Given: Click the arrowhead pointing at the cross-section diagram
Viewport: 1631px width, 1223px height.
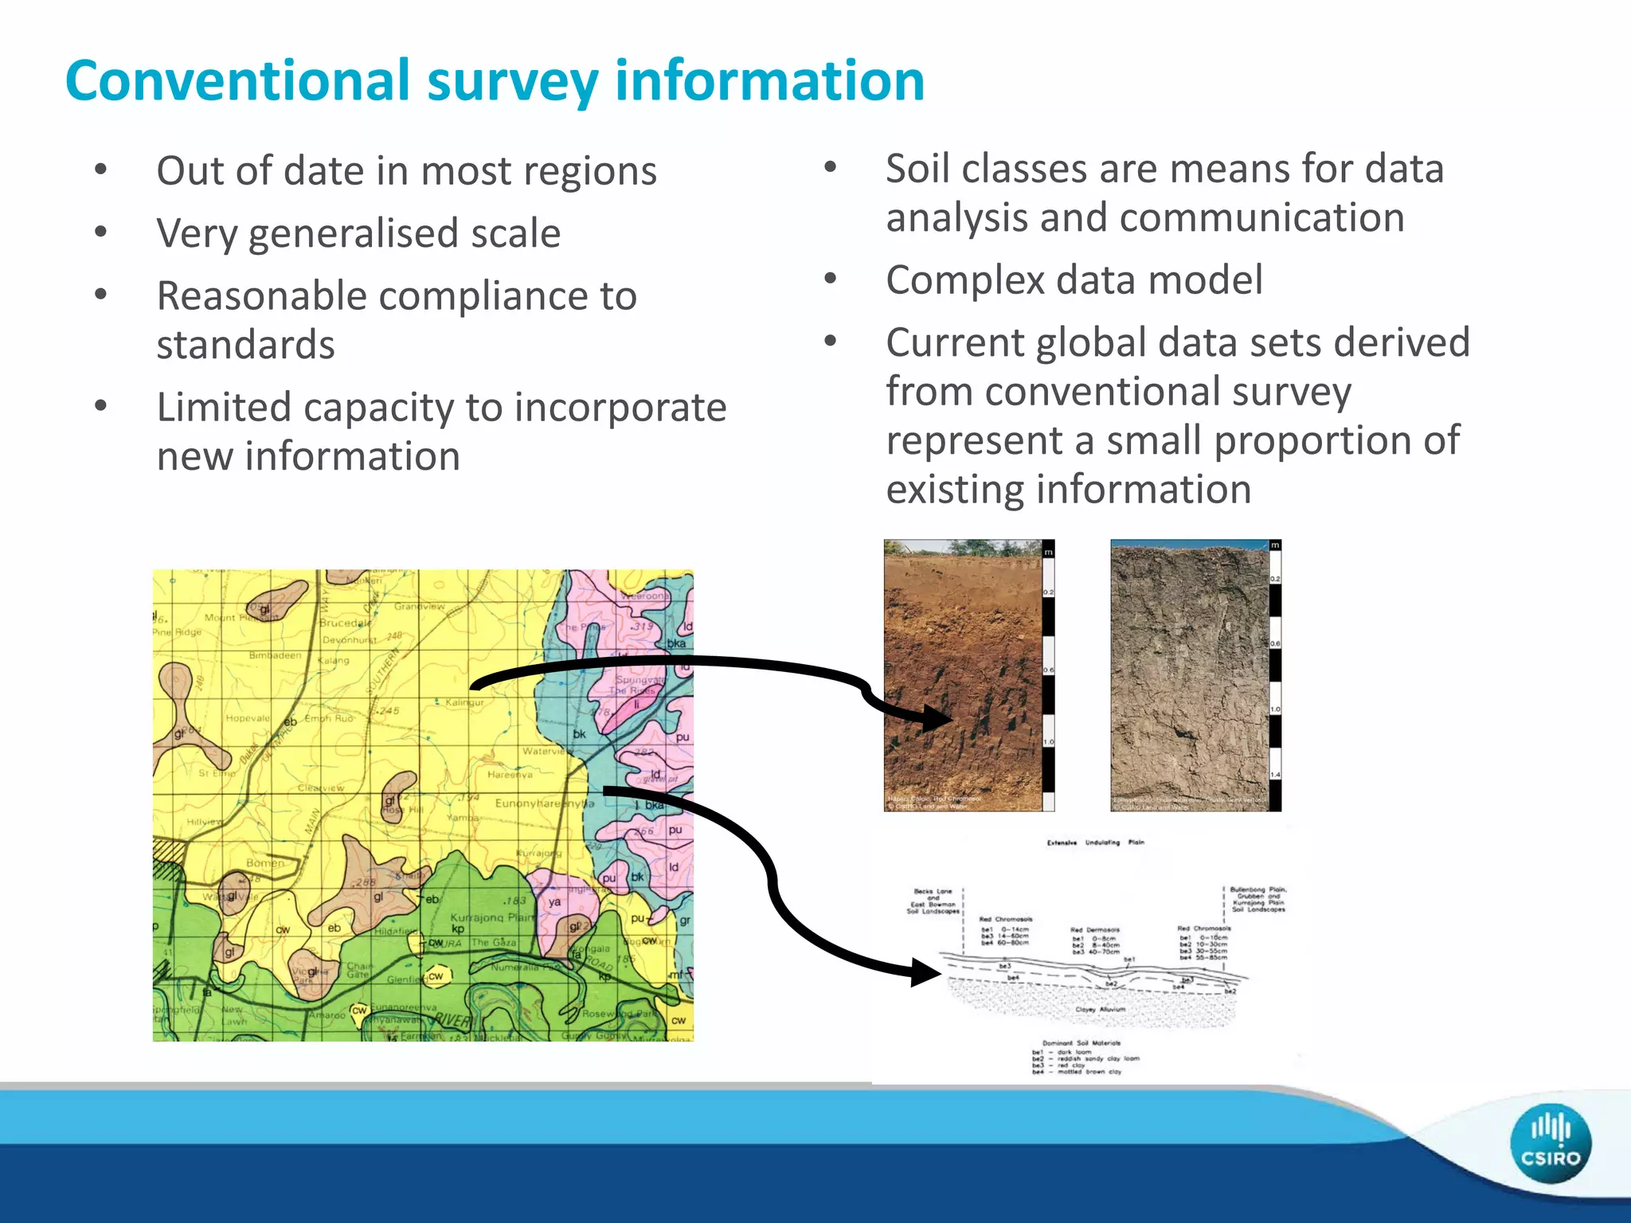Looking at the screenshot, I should pyautogui.click(x=927, y=972).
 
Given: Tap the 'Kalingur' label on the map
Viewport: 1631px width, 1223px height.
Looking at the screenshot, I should pyautogui.click(x=464, y=702).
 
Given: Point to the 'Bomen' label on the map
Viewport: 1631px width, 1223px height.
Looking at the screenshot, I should pyautogui.click(x=264, y=862).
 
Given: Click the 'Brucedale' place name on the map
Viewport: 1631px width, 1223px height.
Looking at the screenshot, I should pyautogui.click(x=344, y=623).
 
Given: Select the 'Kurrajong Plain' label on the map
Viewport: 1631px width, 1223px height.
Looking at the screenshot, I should pyautogui.click(x=492, y=917).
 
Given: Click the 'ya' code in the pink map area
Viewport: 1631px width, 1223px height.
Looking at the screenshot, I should pyautogui.click(x=554, y=901).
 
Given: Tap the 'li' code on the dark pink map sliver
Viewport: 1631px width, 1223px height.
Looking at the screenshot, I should pyautogui.click(x=636, y=704).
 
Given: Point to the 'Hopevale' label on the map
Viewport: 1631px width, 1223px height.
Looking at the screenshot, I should pyautogui.click(x=248, y=717).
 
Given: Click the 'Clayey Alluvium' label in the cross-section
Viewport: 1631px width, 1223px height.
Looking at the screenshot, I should pyautogui.click(x=1100, y=1009).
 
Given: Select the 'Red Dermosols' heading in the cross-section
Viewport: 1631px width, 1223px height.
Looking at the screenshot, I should pyautogui.click(x=1094, y=929).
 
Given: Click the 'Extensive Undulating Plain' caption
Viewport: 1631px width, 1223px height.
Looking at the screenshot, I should pyautogui.click(x=1095, y=842).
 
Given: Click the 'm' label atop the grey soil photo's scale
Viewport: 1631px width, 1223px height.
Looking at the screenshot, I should pyautogui.click(x=1275, y=545).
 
